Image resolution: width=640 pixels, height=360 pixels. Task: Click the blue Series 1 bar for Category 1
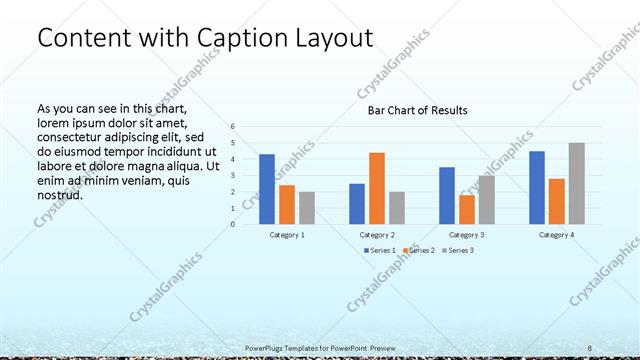coord(267,189)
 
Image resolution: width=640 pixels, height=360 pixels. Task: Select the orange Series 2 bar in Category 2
coord(377,188)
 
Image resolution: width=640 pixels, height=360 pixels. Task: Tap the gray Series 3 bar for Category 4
coord(577,183)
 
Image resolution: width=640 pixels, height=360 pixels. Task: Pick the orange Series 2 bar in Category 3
coord(467,209)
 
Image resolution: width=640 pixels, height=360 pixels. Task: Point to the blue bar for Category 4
coord(537,187)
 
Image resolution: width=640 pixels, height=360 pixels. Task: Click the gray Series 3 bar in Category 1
coord(307,208)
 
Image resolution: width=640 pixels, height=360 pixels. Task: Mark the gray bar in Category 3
coord(487,200)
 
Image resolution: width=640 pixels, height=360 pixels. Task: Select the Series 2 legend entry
coord(419,250)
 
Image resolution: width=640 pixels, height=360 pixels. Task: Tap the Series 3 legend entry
coord(459,250)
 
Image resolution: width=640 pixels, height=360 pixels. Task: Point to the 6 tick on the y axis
coord(232,127)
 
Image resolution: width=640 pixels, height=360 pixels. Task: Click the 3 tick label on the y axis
coord(232,176)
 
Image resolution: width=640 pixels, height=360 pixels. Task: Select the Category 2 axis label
coord(377,234)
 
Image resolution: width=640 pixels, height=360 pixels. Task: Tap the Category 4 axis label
coord(557,234)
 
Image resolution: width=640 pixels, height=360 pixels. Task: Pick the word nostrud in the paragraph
coord(59,195)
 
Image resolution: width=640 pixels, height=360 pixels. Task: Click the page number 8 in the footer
coord(590,347)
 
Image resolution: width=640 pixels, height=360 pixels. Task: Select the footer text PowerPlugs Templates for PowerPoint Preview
coord(321,347)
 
